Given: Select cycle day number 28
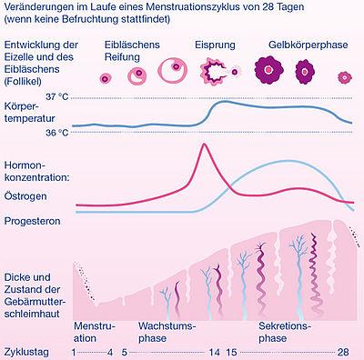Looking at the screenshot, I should click(x=343, y=352).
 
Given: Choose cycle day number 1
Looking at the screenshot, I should click(x=74, y=352).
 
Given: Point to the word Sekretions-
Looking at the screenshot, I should click(x=285, y=325).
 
